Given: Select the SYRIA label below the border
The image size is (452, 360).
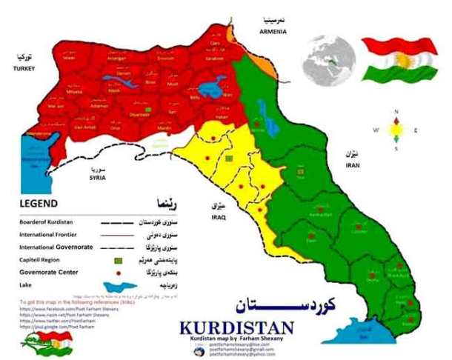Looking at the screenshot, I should point(98,179).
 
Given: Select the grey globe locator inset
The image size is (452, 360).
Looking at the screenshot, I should point(333,55).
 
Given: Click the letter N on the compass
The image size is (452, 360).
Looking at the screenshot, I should point(396,112).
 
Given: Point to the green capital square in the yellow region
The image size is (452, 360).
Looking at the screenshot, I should point(229,158).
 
